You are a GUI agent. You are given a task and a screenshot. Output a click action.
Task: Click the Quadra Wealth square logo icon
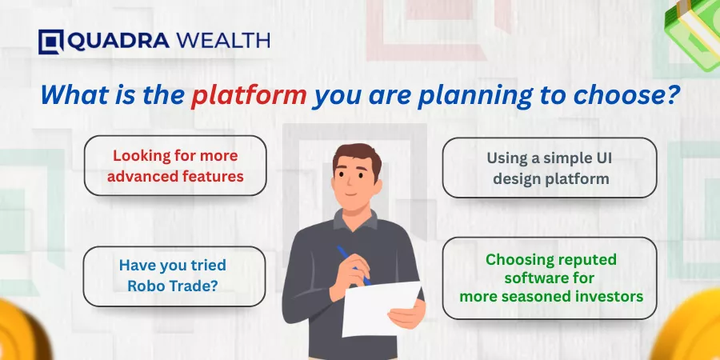pyautogui.click(x=51, y=42)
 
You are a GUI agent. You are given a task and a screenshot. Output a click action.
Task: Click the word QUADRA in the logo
pyautogui.click(x=118, y=41)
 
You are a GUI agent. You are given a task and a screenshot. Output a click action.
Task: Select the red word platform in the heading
pyautogui.click(x=249, y=95)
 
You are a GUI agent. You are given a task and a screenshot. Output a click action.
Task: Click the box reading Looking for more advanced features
pyautogui.click(x=175, y=166)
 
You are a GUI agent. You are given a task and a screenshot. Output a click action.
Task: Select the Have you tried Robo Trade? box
pyautogui.click(x=174, y=276)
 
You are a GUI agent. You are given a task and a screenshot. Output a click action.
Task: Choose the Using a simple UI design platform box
pyautogui.click(x=549, y=168)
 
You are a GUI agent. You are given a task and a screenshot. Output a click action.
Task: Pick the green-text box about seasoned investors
pyautogui.click(x=549, y=278)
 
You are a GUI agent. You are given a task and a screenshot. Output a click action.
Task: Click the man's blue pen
pyautogui.click(x=354, y=265)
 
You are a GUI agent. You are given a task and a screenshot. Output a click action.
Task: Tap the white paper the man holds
pyautogui.click(x=381, y=309)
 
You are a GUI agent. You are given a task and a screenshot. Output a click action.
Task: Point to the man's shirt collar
pyautogui.click(x=355, y=219)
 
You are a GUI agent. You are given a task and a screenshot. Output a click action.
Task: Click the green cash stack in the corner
pyautogui.click(x=694, y=32)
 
